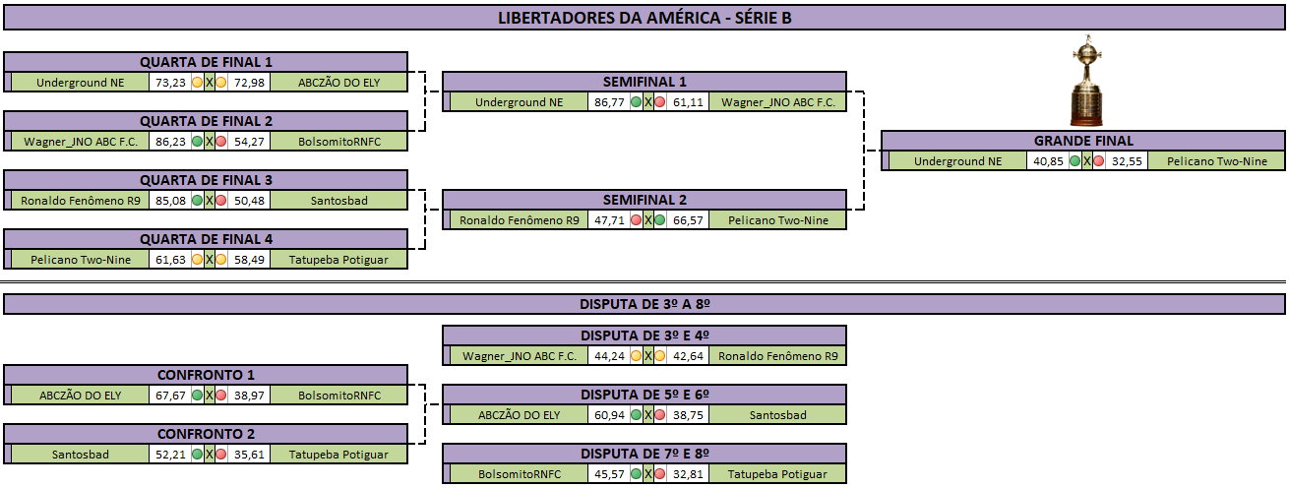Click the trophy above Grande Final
[x=1086, y=81]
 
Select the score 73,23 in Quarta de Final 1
[x=170, y=83]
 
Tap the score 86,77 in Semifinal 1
[x=609, y=102]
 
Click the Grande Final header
[x=1083, y=141]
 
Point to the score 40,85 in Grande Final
[x=1047, y=161]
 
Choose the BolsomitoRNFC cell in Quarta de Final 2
[x=338, y=142]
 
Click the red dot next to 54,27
[x=221, y=142]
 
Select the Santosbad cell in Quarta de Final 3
[x=338, y=201]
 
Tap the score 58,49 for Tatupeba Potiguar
[x=249, y=260]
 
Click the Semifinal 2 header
[x=644, y=200]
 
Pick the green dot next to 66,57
[x=660, y=220]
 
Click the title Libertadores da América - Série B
[x=644, y=18]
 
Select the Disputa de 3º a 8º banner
[x=644, y=304]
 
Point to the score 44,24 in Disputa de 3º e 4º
[x=609, y=356]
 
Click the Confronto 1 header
[x=206, y=375]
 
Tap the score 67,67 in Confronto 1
[x=170, y=396]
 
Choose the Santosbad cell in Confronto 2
[x=80, y=455]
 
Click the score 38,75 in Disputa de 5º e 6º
[x=688, y=415]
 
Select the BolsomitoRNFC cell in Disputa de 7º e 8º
[x=520, y=474]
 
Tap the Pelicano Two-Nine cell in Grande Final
[x=1216, y=161]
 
